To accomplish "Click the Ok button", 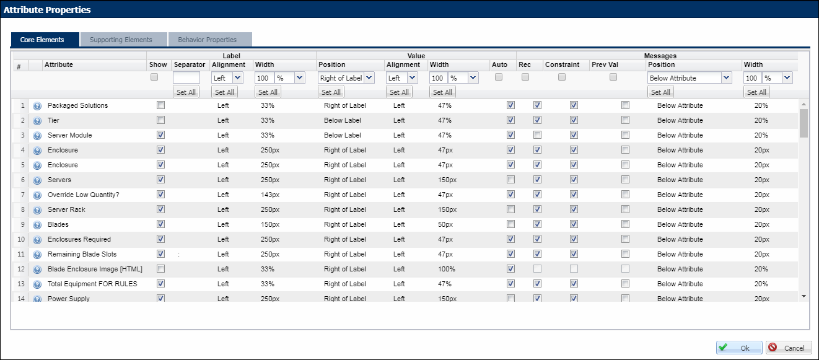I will tap(738, 348).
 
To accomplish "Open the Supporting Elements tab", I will tap(121, 40).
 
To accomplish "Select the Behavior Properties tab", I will tap(207, 40).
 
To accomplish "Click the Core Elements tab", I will tap(42, 40).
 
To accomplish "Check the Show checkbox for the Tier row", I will tap(161, 120).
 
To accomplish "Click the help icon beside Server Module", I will tap(37, 135).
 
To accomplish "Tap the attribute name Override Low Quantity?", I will tap(84, 195).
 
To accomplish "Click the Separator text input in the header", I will tap(186, 78).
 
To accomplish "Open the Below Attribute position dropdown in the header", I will tap(690, 78).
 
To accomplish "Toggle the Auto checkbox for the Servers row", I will tap(510, 180).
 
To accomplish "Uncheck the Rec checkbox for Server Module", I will tap(537, 135).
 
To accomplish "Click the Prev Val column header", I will tap(605, 64).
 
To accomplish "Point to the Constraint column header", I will tap(562, 64).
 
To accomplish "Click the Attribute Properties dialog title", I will tap(47, 10).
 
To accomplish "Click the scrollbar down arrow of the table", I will tap(804, 296).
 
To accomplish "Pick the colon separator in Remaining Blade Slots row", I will tap(179, 254).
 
